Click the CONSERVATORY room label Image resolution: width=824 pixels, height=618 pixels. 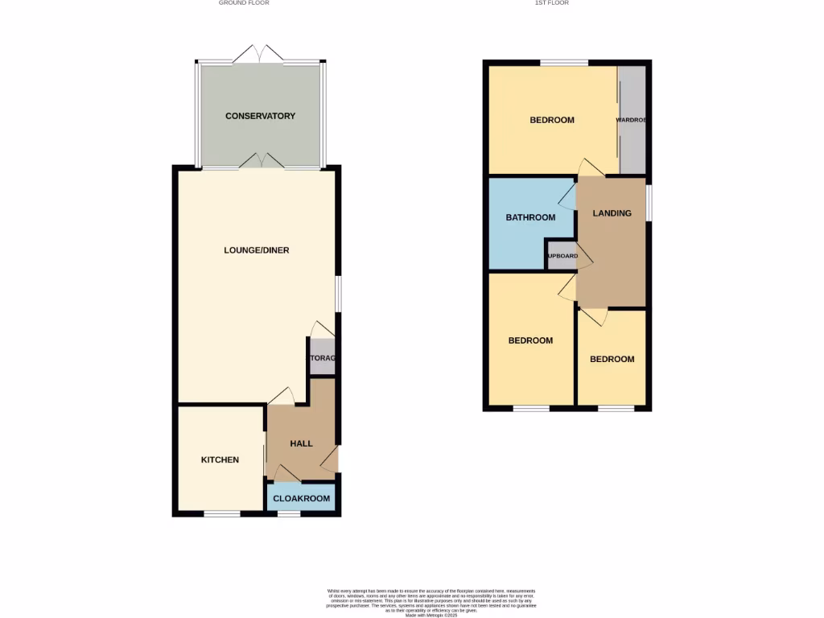260,116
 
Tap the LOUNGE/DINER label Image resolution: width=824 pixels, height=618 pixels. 256,250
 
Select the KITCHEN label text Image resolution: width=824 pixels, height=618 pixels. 220,460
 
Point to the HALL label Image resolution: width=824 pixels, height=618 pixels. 302,443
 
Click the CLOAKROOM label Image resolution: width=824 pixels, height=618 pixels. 302,499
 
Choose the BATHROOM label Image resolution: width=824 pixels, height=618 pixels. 530,217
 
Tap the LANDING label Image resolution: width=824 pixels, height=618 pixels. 612,213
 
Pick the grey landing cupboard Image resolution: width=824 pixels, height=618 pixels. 561,256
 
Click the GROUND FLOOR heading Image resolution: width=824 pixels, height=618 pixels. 244,3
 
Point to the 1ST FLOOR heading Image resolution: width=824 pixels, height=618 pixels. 552,3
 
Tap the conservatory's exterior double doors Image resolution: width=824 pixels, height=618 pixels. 258,55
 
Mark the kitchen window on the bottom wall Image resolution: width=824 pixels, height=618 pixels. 221,513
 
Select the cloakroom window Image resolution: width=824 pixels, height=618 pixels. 289,513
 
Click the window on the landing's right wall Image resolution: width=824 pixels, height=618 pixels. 650,201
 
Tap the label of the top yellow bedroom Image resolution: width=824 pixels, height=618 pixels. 552,120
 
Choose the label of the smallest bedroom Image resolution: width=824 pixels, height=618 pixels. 612,359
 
